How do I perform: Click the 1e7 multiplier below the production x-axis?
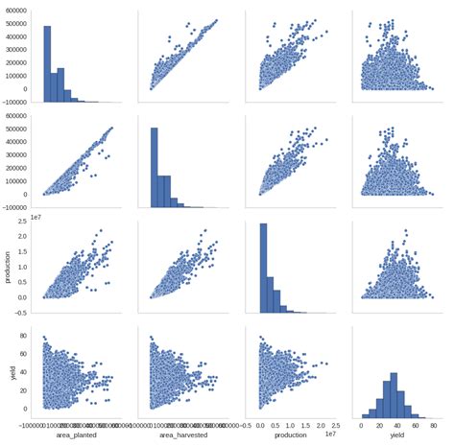click(332, 433)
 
